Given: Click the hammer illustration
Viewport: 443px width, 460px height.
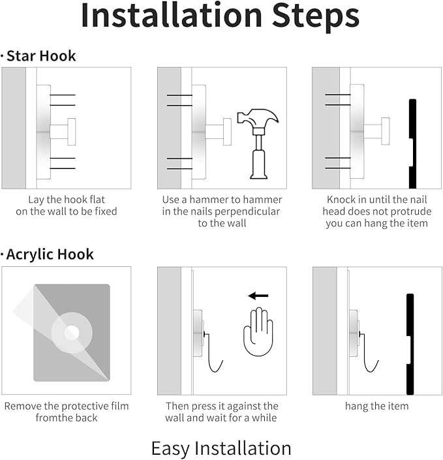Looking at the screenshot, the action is tap(258, 144).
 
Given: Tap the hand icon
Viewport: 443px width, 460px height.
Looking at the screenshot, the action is tap(258, 331).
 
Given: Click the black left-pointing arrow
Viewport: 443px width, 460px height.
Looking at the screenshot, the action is tap(258, 296).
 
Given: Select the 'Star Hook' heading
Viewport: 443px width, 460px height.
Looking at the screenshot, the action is tap(41, 55).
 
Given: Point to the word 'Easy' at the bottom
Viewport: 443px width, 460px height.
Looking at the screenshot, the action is tap(170, 449).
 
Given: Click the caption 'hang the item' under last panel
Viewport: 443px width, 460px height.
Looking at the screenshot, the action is tap(376, 406).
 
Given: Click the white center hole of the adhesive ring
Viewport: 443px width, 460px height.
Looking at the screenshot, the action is tap(72, 333).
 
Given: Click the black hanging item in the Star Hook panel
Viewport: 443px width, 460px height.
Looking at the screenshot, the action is tap(412, 144).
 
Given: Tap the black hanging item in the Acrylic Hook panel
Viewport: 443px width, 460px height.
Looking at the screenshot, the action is tap(410, 345).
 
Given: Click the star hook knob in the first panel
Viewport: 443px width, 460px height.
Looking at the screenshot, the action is tap(72, 132).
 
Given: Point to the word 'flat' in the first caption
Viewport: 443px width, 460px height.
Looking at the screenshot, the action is tap(97, 200).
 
